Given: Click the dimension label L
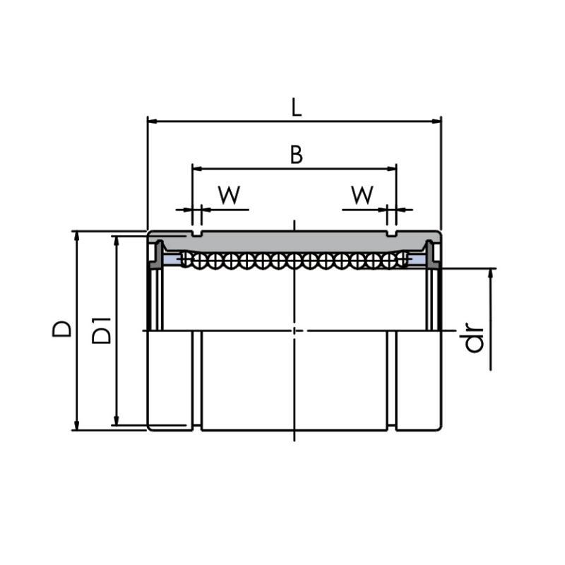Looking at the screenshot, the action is pos(296,107).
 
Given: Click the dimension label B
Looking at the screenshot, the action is pos(296,155).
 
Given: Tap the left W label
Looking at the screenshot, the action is pos(229,195).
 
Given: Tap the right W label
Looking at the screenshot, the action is pos(362,195).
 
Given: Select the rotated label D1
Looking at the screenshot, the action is pos(101,331).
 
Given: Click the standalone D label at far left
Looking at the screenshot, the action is pos(61,328).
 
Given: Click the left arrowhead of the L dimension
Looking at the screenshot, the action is pos(153,121).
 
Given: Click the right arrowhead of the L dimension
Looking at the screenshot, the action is pos(436,121).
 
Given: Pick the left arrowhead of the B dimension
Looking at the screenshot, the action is pos(198,168).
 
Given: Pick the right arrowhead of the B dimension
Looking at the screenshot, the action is pos(391,168).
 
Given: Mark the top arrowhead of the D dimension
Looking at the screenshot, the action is pos(76,236).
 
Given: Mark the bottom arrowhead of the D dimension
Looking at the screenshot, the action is pos(76,425).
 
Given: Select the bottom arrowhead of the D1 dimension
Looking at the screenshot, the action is pos(116,420).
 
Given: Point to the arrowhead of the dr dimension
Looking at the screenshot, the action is pos(490,273).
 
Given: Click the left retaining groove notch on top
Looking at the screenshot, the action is pos(197,234).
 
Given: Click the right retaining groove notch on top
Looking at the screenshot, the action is pos(392,234).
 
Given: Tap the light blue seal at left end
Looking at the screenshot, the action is pos(172,259).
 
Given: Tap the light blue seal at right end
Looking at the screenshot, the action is pos(417,259).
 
